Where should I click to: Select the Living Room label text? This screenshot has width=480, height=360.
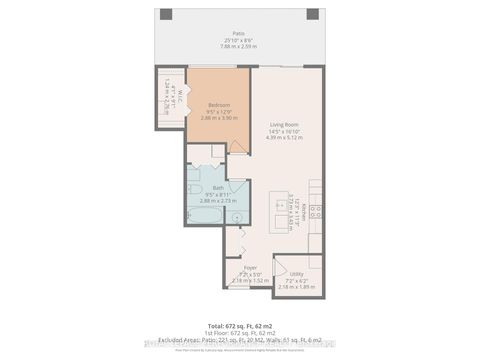[287, 125]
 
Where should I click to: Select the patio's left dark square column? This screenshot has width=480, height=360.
[163, 14]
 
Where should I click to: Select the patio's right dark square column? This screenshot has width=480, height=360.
[311, 14]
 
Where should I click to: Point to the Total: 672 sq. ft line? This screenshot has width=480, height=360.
[239, 325]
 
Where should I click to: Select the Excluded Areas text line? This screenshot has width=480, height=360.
[239, 339]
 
